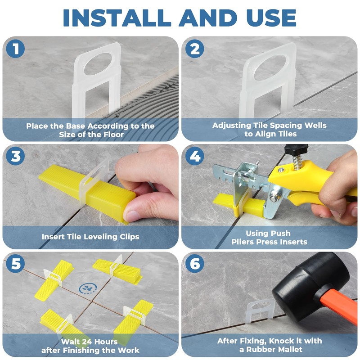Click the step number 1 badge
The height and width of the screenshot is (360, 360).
point(16,49)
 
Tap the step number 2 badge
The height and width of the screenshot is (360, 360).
point(195,49)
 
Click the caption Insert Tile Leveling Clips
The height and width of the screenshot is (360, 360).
point(90,237)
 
